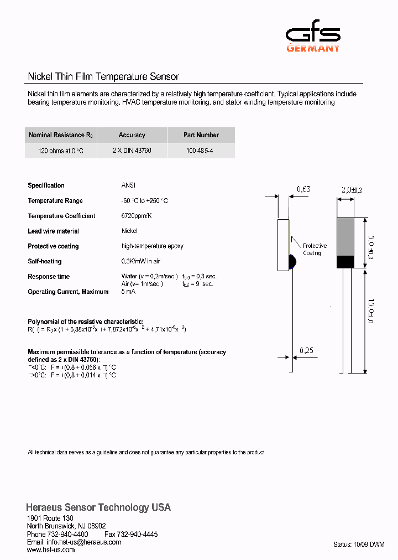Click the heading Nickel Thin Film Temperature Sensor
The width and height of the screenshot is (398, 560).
tap(103, 77)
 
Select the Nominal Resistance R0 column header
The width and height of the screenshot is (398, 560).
tap(61, 135)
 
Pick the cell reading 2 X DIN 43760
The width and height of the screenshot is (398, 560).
tap(132, 151)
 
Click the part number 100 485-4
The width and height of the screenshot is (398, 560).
tap(201, 151)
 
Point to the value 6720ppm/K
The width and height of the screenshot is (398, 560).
tap(136, 216)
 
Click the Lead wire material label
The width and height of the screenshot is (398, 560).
tap(53, 231)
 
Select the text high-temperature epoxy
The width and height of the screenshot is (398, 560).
tap(152, 246)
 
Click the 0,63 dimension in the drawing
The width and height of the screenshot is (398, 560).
tap(303, 189)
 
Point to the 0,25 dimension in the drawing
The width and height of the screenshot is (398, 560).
tap(306, 350)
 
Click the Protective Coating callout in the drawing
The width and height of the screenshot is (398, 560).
tap(314, 250)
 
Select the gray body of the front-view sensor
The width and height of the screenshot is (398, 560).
tap(345, 236)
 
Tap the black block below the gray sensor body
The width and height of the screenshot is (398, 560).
tap(345, 262)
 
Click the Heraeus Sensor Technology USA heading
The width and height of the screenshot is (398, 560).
tap(98, 507)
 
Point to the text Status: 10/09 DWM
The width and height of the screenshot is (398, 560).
tap(358, 545)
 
